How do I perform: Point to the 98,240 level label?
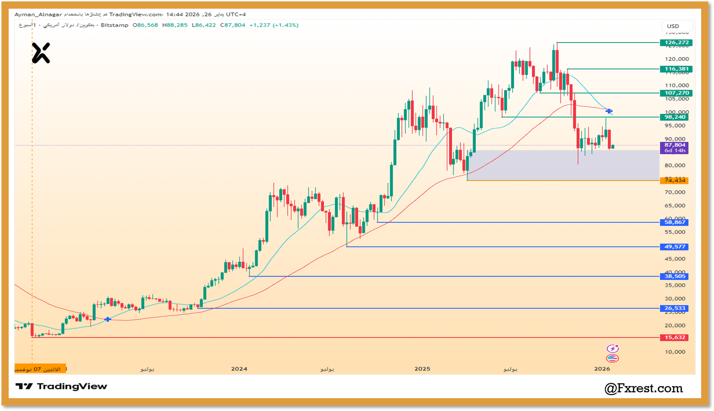point(674,117)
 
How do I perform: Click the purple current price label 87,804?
point(674,145)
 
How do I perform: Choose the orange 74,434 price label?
point(674,180)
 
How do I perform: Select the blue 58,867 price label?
point(674,222)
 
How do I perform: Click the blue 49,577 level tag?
point(674,247)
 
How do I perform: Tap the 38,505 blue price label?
point(674,276)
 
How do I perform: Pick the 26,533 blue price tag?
point(674,308)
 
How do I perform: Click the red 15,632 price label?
point(674,337)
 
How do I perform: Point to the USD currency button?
point(673,26)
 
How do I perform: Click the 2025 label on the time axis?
point(422,369)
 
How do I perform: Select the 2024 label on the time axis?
point(239,369)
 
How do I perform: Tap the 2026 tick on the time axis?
point(602,369)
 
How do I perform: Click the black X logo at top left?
point(41,53)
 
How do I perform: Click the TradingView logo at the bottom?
point(62,386)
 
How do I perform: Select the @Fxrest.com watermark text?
point(643,388)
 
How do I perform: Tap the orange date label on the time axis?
point(40,369)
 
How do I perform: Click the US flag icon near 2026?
point(612,358)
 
